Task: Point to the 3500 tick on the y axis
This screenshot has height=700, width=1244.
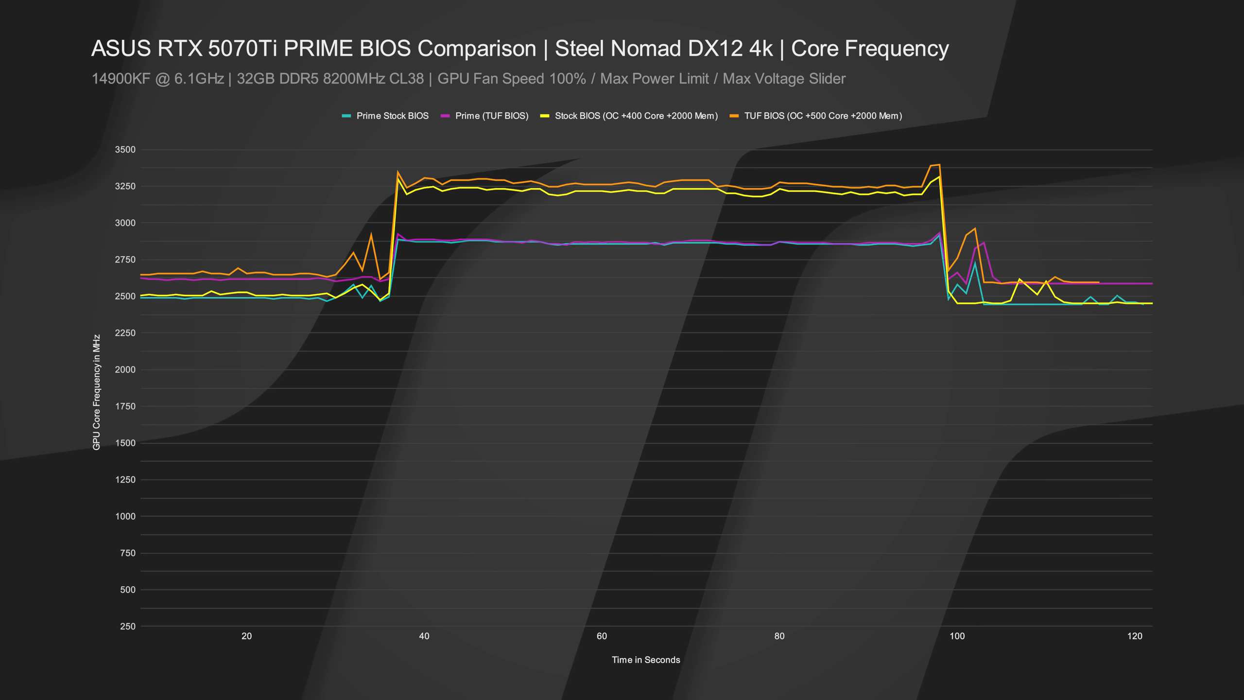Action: coord(125,150)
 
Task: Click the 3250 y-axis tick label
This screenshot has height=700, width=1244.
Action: coord(125,186)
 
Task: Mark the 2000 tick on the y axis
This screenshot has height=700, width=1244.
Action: coord(125,369)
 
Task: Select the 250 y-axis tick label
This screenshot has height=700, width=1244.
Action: coord(127,626)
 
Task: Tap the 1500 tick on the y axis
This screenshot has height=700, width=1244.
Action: coord(125,443)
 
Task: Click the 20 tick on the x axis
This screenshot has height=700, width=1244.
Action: coord(246,636)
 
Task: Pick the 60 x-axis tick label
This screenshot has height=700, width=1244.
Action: coord(602,636)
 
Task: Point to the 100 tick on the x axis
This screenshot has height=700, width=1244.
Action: coord(957,636)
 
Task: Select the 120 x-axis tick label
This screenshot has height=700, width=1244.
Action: coord(1135,636)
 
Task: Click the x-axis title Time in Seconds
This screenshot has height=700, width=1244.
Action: coord(646,660)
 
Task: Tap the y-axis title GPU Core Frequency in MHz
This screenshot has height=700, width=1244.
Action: coord(97,392)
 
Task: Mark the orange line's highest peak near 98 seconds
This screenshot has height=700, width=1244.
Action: coord(939,165)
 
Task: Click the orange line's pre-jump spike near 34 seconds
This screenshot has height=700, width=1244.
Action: coord(371,234)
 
